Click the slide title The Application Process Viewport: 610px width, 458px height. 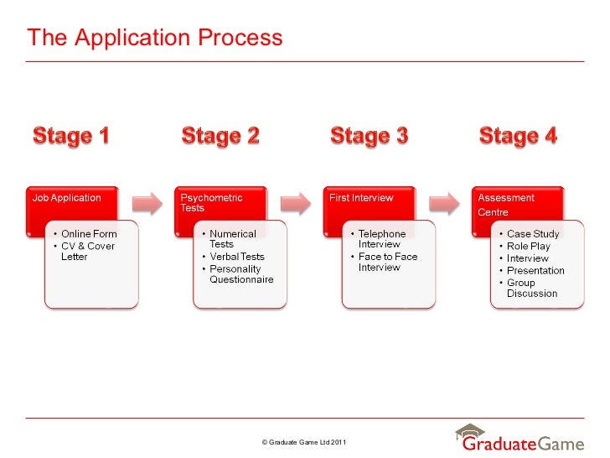pyautogui.click(x=154, y=38)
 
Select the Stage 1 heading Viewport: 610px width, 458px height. pyautogui.click(x=71, y=135)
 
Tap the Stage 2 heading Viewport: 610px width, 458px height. pyautogui.click(x=220, y=135)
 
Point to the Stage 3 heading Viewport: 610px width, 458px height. pyautogui.click(x=370, y=135)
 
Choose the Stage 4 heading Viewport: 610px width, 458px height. pyautogui.click(x=518, y=135)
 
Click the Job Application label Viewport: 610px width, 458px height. pyautogui.click(x=67, y=198)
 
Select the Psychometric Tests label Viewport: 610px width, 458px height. pyautogui.click(x=211, y=203)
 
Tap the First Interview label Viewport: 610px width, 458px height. pyautogui.click(x=362, y=198)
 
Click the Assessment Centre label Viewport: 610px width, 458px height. pyautogui.click(x=505, y=205)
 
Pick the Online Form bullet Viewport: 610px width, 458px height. pyautogui.click(x=89, y=234)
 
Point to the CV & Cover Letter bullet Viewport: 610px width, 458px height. pyautogui.click(x=87, y=252)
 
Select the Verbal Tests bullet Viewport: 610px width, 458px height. pyautogui.click(x=236, y=257)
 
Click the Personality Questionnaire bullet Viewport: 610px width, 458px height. pyautogui.click(x=240, y=274)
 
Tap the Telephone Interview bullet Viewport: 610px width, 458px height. pyautogui.click(x=381, y=239)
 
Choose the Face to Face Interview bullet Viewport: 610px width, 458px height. pyautogui.click(x=387, y=262)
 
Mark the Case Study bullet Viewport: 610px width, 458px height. pyautogui.click(x=533, y=234)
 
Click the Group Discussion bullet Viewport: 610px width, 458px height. pyautogui.click(x=531, y=289)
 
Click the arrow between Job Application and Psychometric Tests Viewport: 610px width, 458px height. pyautogui.click(x=147, y=203)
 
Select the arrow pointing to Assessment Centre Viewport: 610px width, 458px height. pyautogui.click(x=444, y=203)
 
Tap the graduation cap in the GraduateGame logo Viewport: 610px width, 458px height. pyautogui.click(x=471, y=431)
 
